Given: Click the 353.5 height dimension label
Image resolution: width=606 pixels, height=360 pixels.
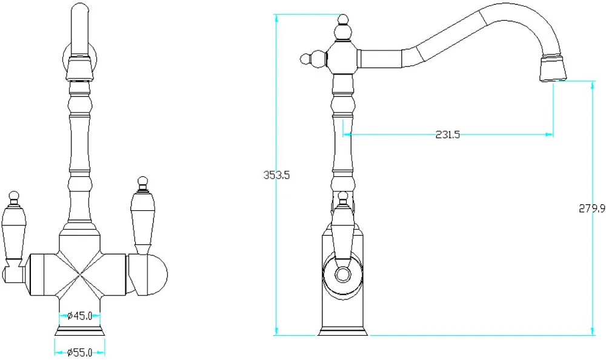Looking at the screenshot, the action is click(276, 175).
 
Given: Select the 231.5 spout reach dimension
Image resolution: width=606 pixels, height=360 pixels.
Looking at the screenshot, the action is click(448, 135).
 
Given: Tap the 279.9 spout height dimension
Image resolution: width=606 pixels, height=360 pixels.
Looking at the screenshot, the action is click(591, 208).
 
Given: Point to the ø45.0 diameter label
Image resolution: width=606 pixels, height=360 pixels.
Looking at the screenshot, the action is click(79, 316).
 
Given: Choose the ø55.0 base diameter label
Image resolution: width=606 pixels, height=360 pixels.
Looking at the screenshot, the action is click(79, 352).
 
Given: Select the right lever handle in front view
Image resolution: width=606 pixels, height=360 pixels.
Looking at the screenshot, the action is click(143, 216).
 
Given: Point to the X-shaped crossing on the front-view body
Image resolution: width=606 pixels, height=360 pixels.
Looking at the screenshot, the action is click(79, 275).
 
